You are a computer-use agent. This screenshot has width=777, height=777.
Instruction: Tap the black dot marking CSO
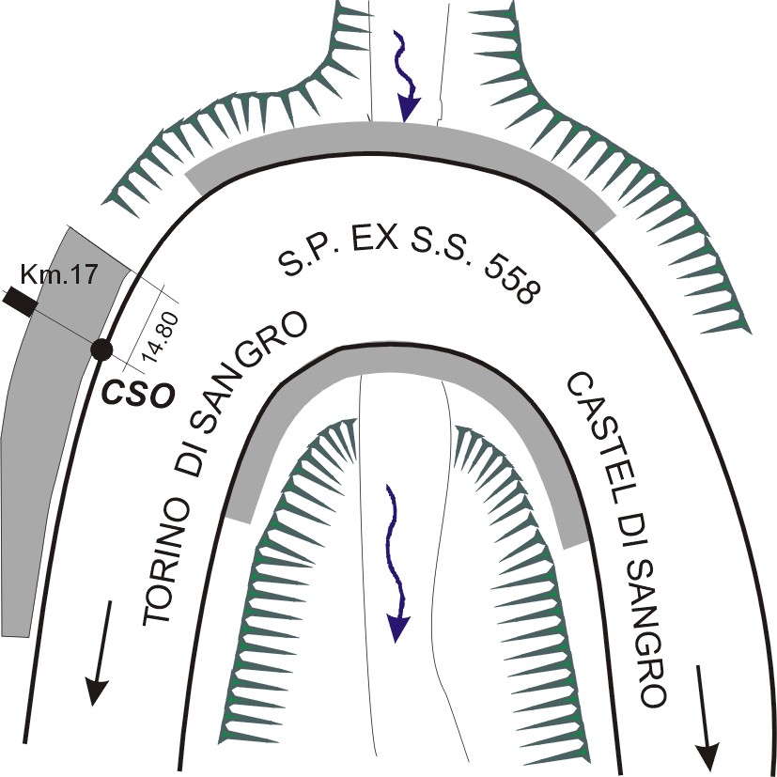coord(101,350)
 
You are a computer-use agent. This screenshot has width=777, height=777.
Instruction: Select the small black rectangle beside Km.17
coord(18,303)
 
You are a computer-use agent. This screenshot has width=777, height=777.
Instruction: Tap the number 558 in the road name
coord(508,278)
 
